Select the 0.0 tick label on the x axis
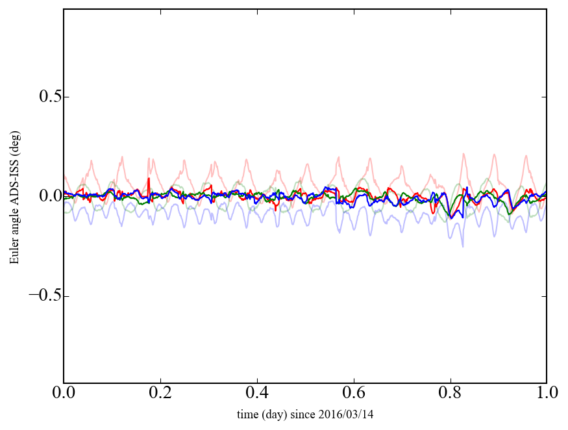[64, 394]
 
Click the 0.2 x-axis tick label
[160, 394]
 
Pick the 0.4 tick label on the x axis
[257, 394]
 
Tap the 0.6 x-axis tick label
[353, 394]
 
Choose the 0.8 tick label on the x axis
[450, 394]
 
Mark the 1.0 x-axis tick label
[546, 394]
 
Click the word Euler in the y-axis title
[14, 253]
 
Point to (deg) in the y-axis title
[14, 158]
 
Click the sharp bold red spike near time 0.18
[149, 179]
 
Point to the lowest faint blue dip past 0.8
[463, 246]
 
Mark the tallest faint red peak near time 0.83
[463, 155]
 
